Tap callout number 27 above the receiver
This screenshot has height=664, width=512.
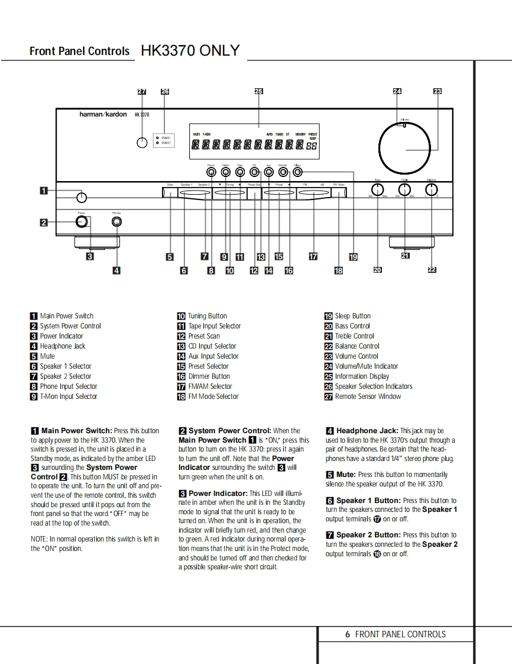point(142,91)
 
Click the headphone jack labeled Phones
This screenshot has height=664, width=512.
point(117,222)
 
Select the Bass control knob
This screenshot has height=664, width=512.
point(377,189)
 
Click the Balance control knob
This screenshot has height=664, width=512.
point(432,189)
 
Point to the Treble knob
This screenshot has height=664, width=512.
point(404,189)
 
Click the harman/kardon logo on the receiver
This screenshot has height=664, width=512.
point(103,114)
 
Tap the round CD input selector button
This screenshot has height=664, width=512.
point(254,172)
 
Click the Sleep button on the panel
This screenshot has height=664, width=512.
point(297,172)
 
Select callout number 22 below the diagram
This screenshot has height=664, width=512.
point(432,269)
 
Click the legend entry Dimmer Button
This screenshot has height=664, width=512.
point(209,376)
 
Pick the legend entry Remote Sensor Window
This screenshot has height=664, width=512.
point(367,397)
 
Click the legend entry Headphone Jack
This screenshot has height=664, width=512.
point(62,346)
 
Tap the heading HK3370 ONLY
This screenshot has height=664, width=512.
point(190,51)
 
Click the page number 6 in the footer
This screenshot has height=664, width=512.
point(348,634)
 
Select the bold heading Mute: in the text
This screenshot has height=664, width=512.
point(346,475)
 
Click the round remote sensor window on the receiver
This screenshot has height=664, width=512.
point(142,143)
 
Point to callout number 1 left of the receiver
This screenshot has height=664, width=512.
point(44,191)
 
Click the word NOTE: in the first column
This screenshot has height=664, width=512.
point(39,539)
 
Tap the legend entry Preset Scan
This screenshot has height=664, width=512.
point(204,336)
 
